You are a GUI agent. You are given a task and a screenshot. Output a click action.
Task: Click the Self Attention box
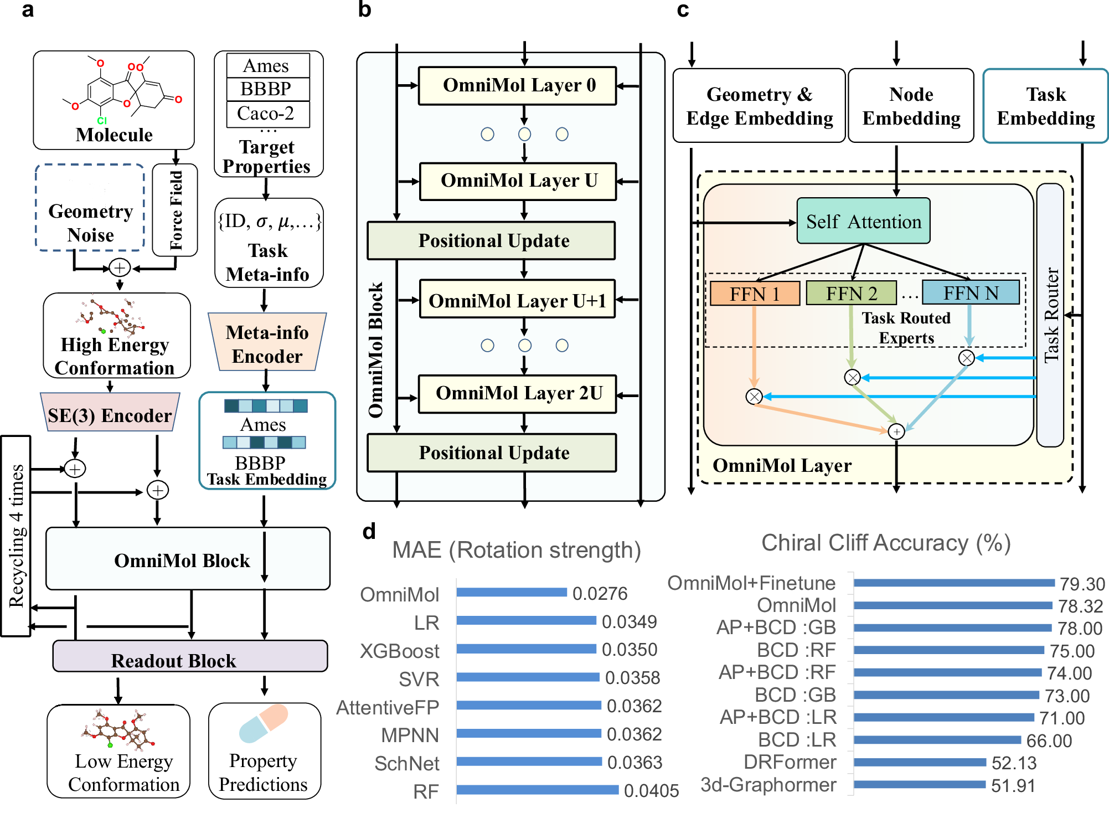tap(863, 221)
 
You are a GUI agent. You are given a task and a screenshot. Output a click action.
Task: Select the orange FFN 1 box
tap(755, 293)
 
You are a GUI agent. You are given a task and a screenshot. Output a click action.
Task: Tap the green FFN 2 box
tap(851, 293)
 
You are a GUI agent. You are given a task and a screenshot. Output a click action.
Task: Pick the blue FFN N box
tap(971, 292)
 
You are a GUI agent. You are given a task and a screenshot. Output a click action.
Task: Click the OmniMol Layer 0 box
tap(517, 86)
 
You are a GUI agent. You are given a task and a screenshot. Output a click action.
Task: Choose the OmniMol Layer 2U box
tap(517, 394)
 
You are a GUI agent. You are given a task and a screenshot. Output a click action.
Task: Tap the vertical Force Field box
tap(176, 210)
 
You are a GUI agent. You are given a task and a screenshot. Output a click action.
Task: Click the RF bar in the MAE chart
tap(537, 790)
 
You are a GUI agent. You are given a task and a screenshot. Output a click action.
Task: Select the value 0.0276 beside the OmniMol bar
tap(600, 594)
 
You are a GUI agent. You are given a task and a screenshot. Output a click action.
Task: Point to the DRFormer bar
tap(919, 763)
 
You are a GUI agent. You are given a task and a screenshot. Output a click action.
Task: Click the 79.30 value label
tap(1082, 584)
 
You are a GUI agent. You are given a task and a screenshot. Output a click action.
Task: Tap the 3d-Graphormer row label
tap(768, 785)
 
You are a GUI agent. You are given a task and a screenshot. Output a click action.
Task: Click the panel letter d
tap(369, 531)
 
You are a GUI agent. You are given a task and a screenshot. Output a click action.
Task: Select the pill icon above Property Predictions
tap(264, 723)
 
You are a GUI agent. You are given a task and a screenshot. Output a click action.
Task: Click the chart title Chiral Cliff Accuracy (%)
tap(886, 543)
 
